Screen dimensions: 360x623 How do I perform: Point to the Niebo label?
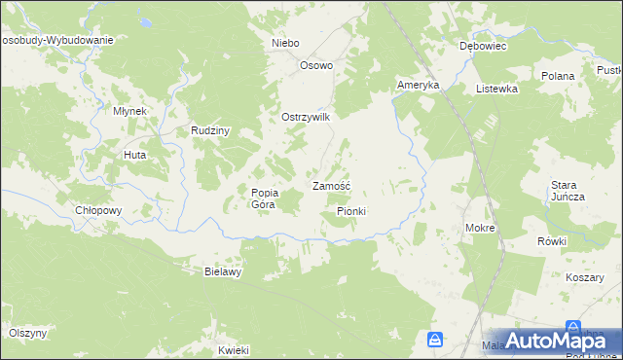tap(285, 44)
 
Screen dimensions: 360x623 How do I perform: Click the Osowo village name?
tap(316, 66)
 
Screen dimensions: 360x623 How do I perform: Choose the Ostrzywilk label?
tap(307, 117)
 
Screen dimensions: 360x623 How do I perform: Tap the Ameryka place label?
tap(419, 86)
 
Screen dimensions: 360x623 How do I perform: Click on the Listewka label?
tap(495, 89)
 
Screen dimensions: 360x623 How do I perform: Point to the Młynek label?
tap(129, 111)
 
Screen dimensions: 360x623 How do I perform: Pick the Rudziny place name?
tap(209, 131)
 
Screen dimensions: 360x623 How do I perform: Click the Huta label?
tap(133, 155)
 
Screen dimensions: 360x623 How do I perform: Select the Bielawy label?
tap(222, 272)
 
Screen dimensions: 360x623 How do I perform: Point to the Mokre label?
tap(481, 229)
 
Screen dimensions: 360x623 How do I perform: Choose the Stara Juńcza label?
tap(568, 191)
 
